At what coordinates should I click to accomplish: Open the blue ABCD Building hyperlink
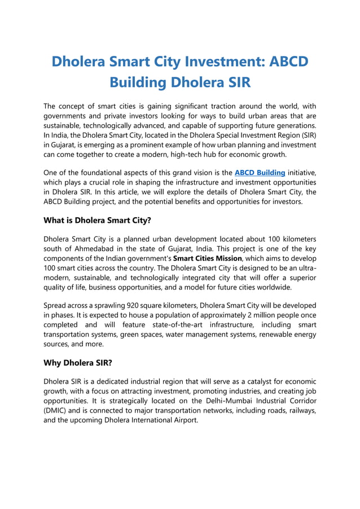260,172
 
